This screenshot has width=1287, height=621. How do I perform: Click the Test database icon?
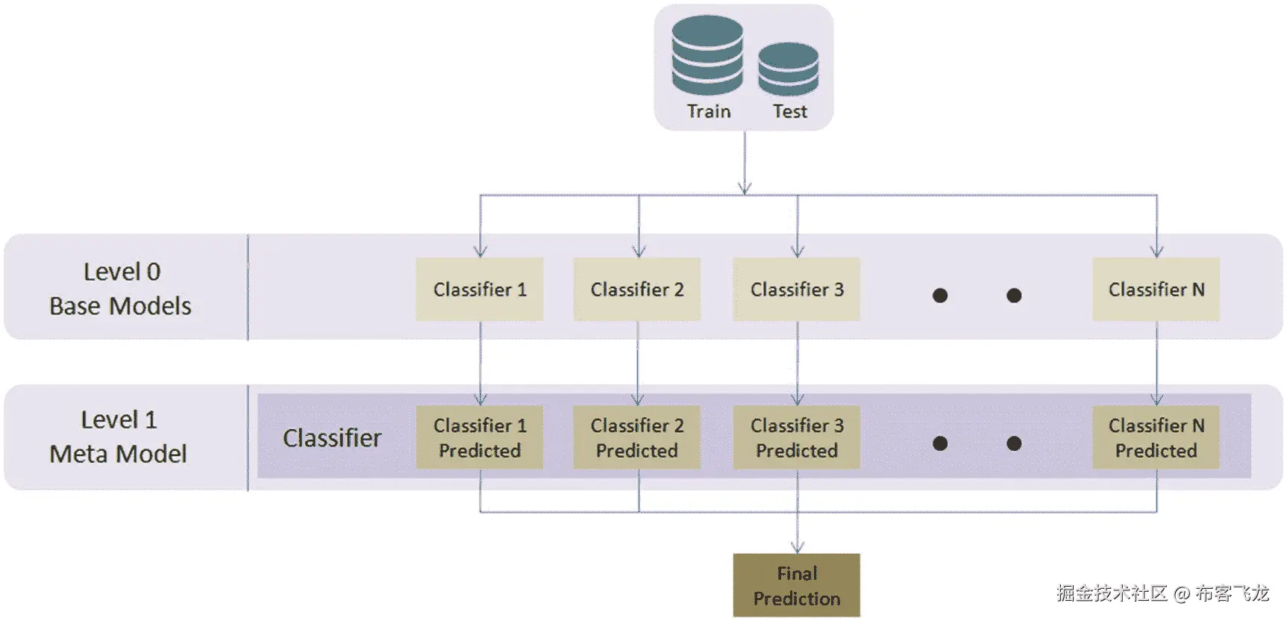point(788,69)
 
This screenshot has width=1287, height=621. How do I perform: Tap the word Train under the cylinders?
point(708,111)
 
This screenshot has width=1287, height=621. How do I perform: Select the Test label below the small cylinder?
point(789,111)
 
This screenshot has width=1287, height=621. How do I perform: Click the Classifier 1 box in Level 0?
point(480,290)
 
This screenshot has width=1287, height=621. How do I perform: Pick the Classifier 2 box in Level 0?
point(637,290)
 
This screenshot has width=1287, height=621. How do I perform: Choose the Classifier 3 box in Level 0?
point(797,290)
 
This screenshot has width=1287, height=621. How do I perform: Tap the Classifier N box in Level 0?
point(1156,290)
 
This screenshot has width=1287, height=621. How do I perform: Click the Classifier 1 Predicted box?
point(480,437)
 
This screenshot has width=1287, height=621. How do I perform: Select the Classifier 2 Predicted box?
point(637,437)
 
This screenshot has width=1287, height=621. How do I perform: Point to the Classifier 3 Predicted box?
point(797,437)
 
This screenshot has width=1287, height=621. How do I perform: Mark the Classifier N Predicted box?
point(1156,437)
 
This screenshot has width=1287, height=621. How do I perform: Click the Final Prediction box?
point(797,585)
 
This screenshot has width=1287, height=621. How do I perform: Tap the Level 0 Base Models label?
point(121,289)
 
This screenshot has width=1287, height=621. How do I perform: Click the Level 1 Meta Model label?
point(119,437)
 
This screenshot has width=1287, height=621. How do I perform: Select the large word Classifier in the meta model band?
point(332,437)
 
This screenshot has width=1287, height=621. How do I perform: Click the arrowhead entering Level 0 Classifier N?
point(1157,252)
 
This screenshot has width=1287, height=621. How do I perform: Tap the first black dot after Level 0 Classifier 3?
point(940,296)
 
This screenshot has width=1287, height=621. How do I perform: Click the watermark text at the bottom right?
point(1162,593)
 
